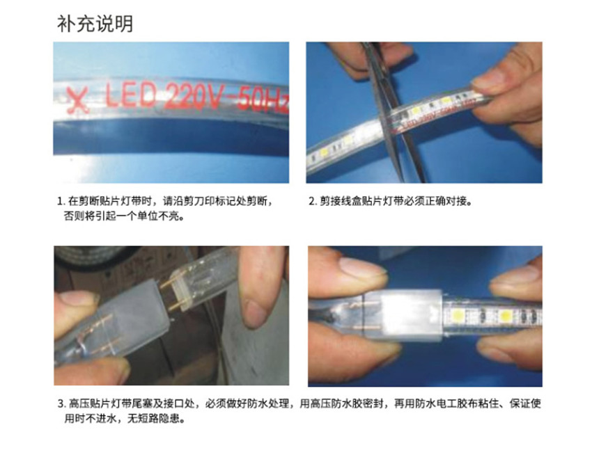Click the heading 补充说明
[95, 24]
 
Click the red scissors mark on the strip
[78, 100]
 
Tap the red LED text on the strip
[130, 95]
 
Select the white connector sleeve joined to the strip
[411, 315]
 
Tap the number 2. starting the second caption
[312, 201]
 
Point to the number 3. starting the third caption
[61, 404]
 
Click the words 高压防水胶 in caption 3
[336, 403]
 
